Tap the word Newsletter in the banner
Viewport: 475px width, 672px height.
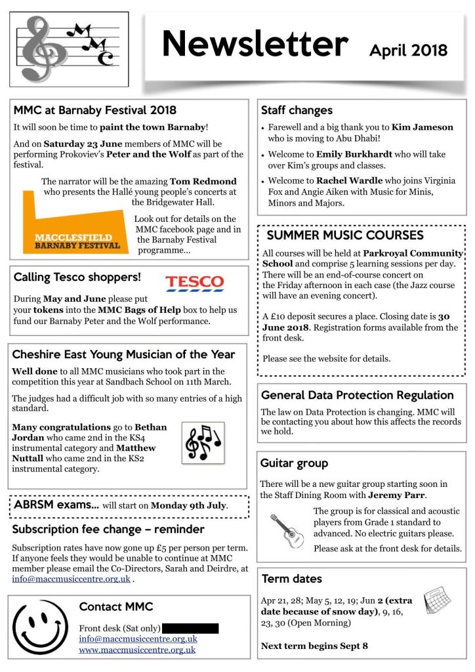click(255, 45)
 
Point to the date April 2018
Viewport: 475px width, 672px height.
click(408, 51)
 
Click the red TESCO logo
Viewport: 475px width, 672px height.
click(194, 283)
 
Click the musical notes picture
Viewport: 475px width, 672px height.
click(203, 444)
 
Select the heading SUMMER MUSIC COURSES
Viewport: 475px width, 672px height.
click(345, 236)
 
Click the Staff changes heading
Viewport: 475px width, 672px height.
click(297, 110)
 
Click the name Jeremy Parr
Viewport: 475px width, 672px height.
click(394, 495)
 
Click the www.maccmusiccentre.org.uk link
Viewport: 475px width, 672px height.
click(137, 650)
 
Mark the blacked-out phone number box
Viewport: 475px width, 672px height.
click(190, 628)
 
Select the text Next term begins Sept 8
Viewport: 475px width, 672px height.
click(314, 646)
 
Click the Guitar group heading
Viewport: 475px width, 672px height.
click(294, 463)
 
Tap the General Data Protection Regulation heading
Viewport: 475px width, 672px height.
click(358, 395)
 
